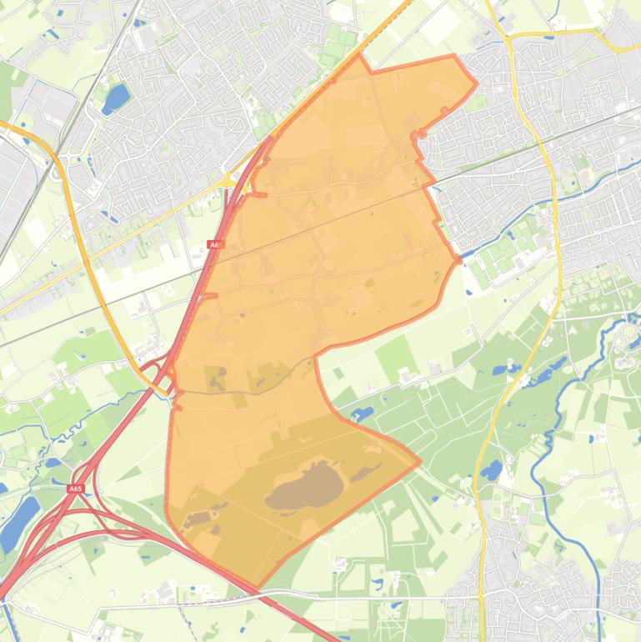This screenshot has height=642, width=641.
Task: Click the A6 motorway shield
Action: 215,244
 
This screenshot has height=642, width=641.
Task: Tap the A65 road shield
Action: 76,489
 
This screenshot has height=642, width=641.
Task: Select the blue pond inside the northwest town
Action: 115,98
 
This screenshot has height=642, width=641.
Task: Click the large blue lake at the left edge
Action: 18,522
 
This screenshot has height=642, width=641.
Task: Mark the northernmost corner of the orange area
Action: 359,56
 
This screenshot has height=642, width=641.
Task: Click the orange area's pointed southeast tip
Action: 419,461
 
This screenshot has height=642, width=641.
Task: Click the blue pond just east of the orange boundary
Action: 364,412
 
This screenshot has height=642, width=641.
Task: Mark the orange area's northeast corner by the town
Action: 476,83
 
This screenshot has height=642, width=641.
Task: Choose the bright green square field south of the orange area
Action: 396,355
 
